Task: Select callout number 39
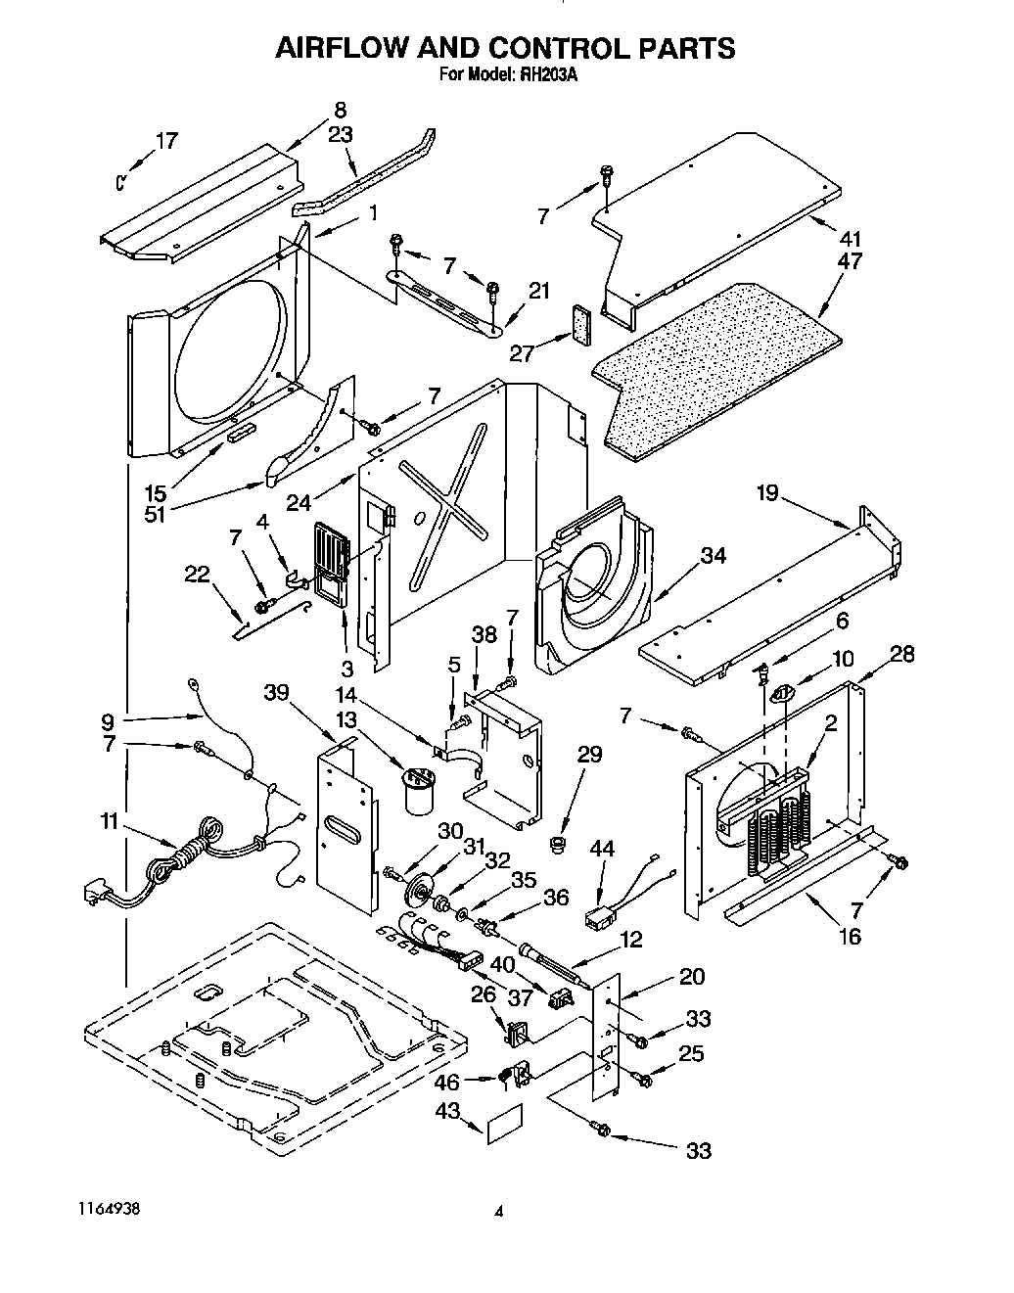[x=277, y=693]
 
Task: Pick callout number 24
[x=299, y=502]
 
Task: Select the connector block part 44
[x=599, y=919]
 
